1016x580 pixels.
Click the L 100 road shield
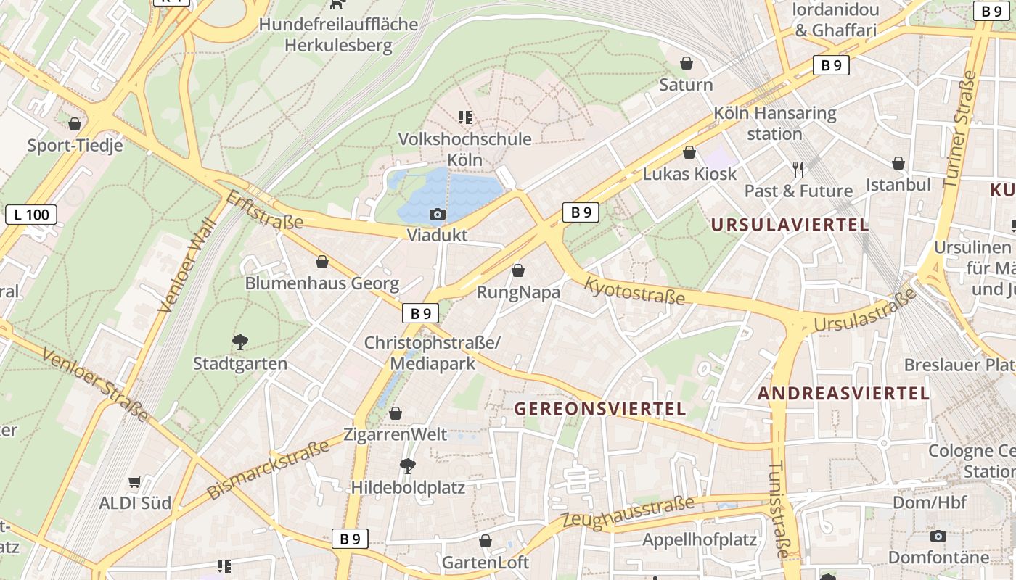pos(31,214)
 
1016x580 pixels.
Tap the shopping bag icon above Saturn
pos(686,64)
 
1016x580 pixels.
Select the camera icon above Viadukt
pos(437,214)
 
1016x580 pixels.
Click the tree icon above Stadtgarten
pos(239,341)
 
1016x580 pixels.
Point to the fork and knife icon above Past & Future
pos(798,170)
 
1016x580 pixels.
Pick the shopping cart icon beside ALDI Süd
pos(134,481)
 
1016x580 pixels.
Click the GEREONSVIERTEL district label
pos(599,409)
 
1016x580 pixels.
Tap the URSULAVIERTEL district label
pos(790,225)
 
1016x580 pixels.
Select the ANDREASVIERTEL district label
pos(843,394)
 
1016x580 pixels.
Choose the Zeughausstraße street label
pos(627,512)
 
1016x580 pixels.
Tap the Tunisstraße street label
pos(777,509)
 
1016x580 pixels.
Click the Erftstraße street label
pos(264,210)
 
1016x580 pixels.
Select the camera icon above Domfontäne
pos(938,536)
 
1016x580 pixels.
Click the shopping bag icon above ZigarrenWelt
pos(395,414)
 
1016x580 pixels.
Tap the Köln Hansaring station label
pos(774,123)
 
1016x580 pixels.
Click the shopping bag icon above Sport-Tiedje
pos(75,124)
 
